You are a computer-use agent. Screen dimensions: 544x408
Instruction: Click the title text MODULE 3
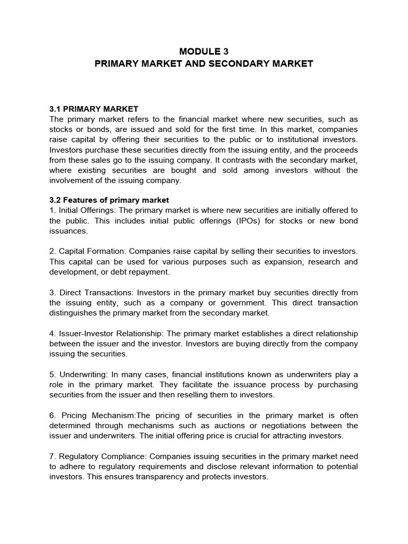[203, 51]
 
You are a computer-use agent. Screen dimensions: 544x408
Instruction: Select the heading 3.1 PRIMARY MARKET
[93, 109]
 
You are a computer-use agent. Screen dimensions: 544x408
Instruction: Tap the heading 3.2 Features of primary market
[109, 200]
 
